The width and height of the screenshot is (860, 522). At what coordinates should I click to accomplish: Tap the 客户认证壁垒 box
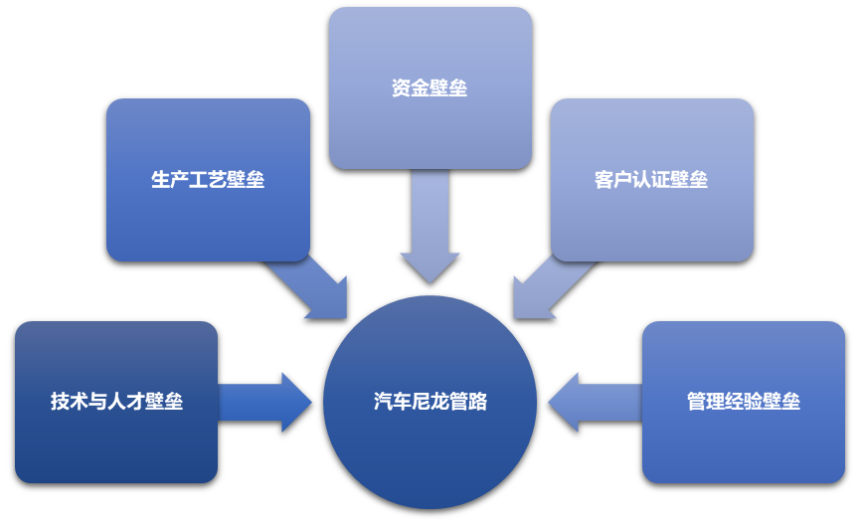click(x=652, y=219)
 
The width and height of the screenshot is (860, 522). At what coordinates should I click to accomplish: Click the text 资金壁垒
click(x=430, y=88)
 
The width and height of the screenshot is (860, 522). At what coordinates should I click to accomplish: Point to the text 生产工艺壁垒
click(x=208, y=180)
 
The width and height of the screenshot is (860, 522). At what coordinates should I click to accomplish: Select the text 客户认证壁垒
click(x=651, y=180)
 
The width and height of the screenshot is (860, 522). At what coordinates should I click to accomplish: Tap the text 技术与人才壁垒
click(x=116, y=402)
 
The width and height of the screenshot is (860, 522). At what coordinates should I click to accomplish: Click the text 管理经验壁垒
click(x=743, y=402)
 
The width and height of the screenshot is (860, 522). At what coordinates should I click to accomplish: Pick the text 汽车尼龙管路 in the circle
click(x=430, y=402)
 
